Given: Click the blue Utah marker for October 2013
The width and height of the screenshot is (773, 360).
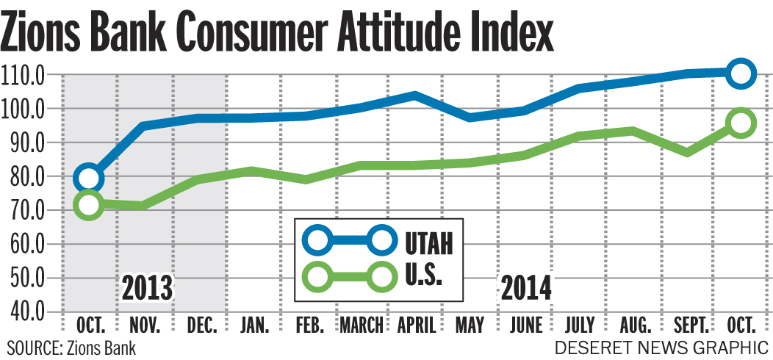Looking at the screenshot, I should pyautogui.click(x=89, y=177).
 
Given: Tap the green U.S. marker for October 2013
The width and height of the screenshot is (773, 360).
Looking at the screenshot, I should pyautogui.click(x=89, y=204).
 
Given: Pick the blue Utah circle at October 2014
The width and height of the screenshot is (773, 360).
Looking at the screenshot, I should pyautogui.click(x=742, y=73).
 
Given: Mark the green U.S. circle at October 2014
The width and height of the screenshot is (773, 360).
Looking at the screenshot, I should pyautogui.click(x=742, y=123).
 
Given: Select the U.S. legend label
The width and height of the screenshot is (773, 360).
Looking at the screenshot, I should pyautogui.click(x=423, y=277).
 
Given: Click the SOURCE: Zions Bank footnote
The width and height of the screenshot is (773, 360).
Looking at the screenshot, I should pyautogui.click(x=71, y=347).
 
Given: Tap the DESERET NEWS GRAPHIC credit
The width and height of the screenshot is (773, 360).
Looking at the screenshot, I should pyautogui.click(x=661, y=347).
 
